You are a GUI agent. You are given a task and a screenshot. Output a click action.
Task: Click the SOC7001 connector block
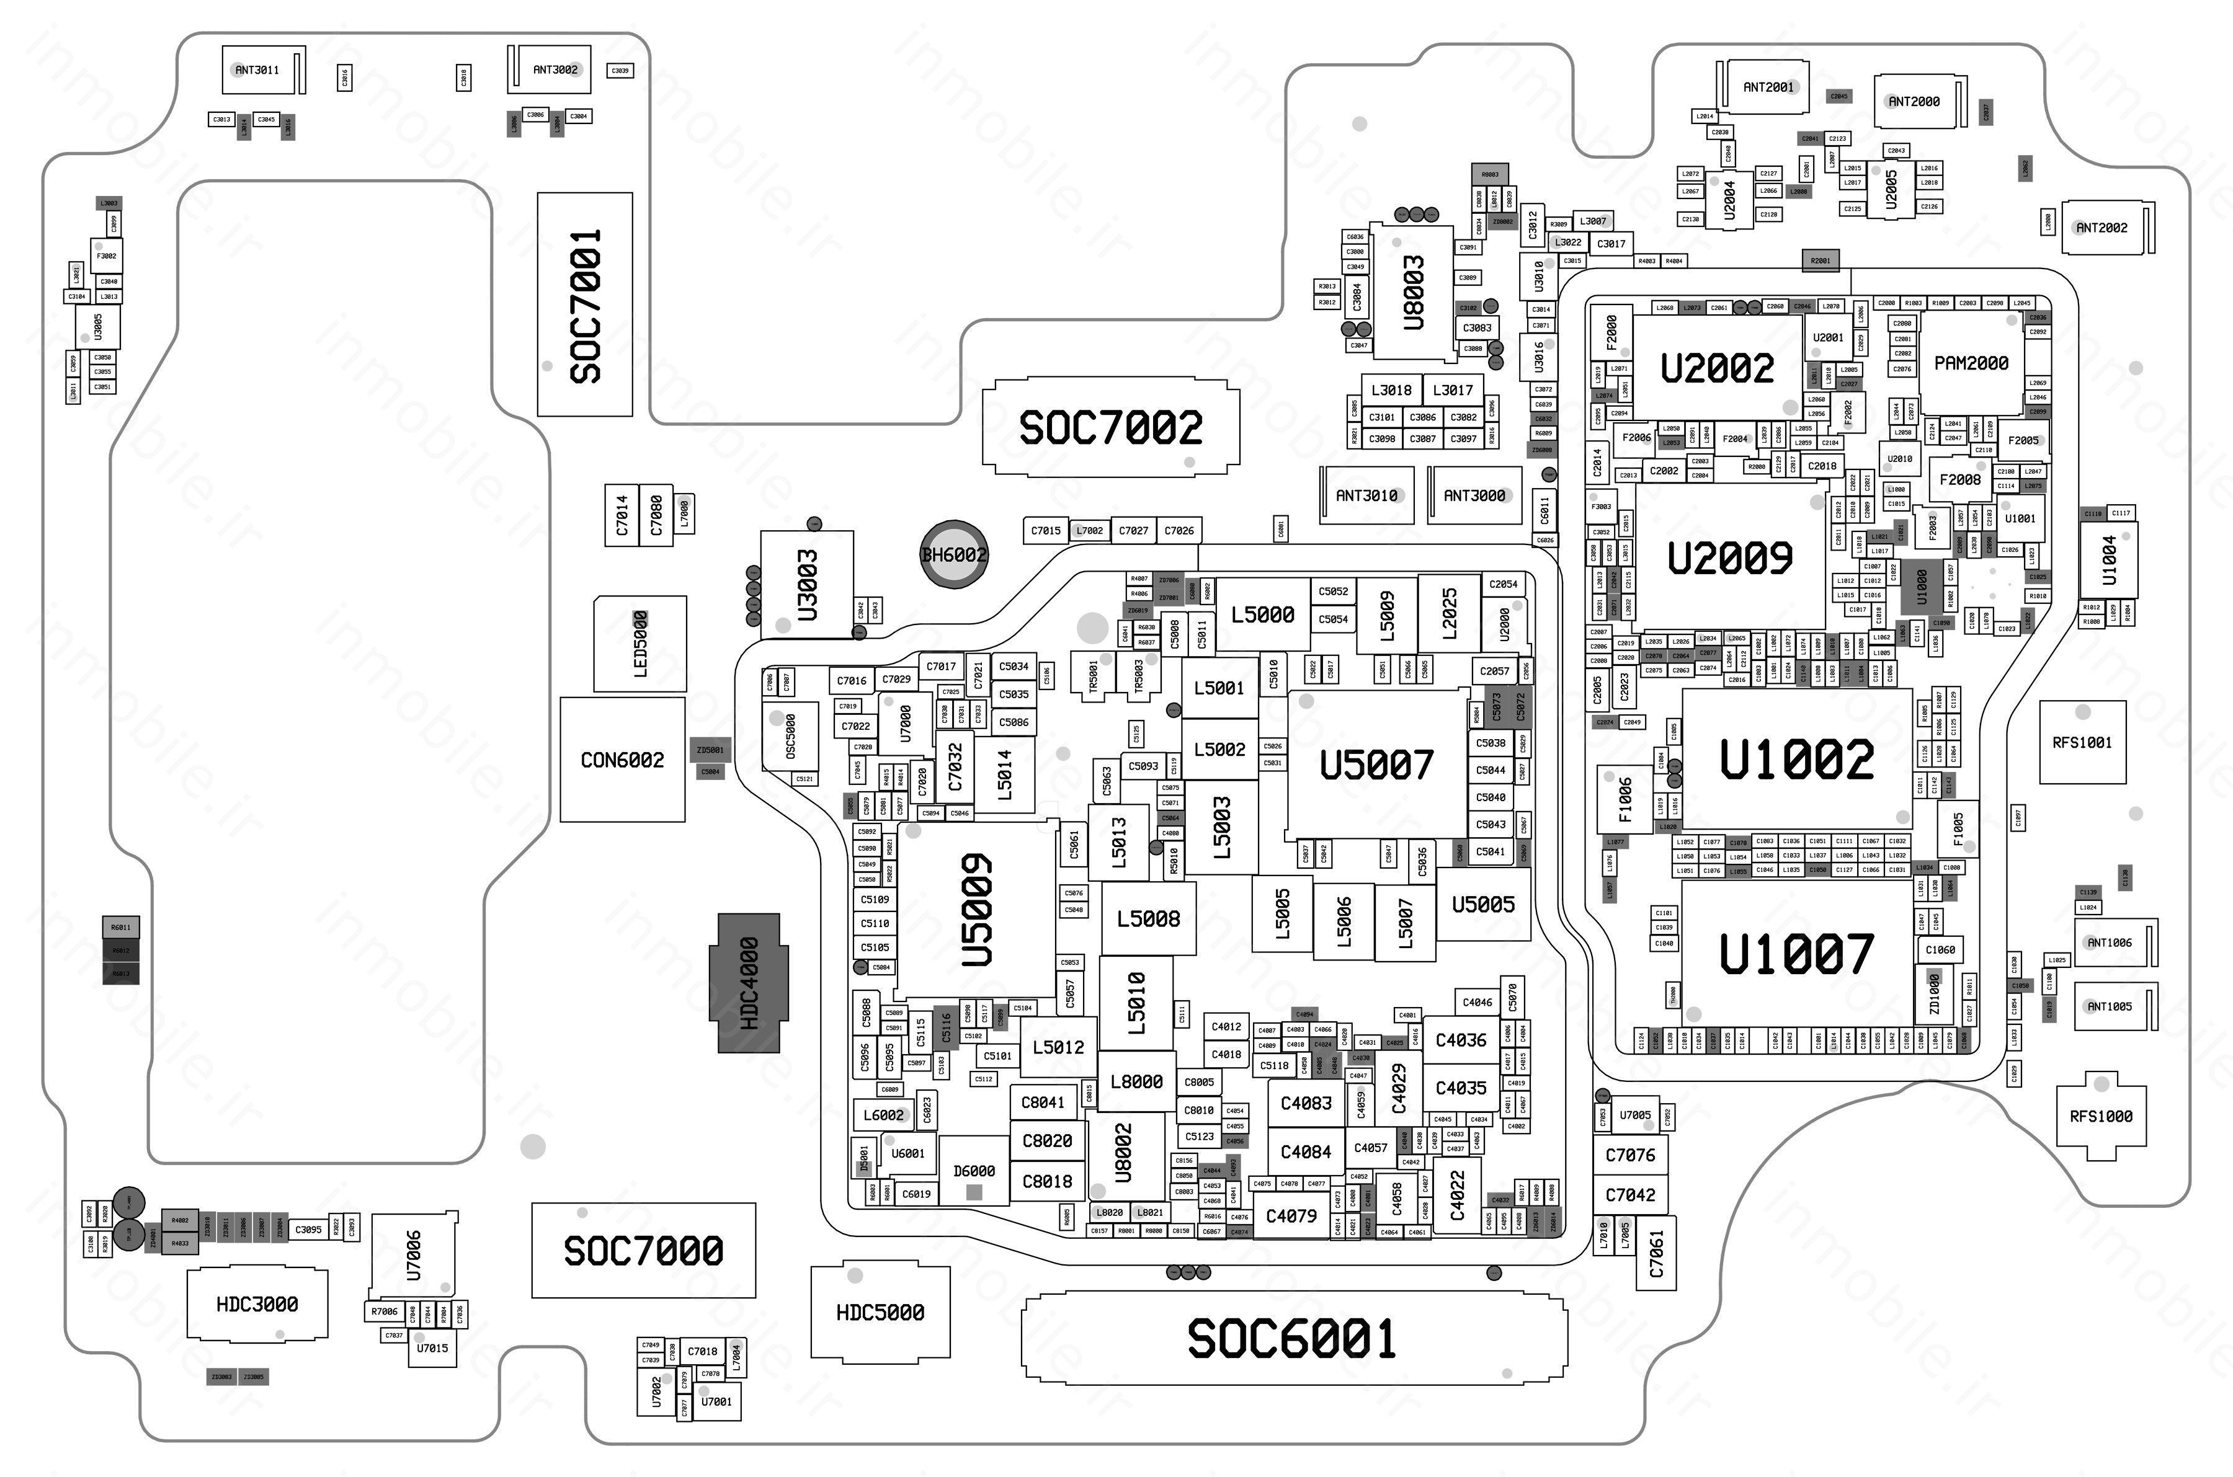tap(584, 304)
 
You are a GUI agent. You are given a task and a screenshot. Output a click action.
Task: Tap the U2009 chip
tap(1730, 557)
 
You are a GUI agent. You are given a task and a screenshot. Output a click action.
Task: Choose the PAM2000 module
tap(1971, 363)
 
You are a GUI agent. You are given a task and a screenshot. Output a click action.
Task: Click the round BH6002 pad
tap(953, 555)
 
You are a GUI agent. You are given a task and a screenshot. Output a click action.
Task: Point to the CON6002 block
tap(622, 759)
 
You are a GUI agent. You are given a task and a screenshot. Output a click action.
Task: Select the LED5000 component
tap(640, 644)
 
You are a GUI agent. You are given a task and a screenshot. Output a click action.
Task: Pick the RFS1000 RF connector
tap(2100, 1116)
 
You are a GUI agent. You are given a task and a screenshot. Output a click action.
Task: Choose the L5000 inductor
tap(1262, 614)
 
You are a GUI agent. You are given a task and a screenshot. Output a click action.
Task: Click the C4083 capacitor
tap(1306, 1103)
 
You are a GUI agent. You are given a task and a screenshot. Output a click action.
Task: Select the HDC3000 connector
tap(257, 1303)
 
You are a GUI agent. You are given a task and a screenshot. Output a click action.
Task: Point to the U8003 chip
tap(1412, 292)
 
